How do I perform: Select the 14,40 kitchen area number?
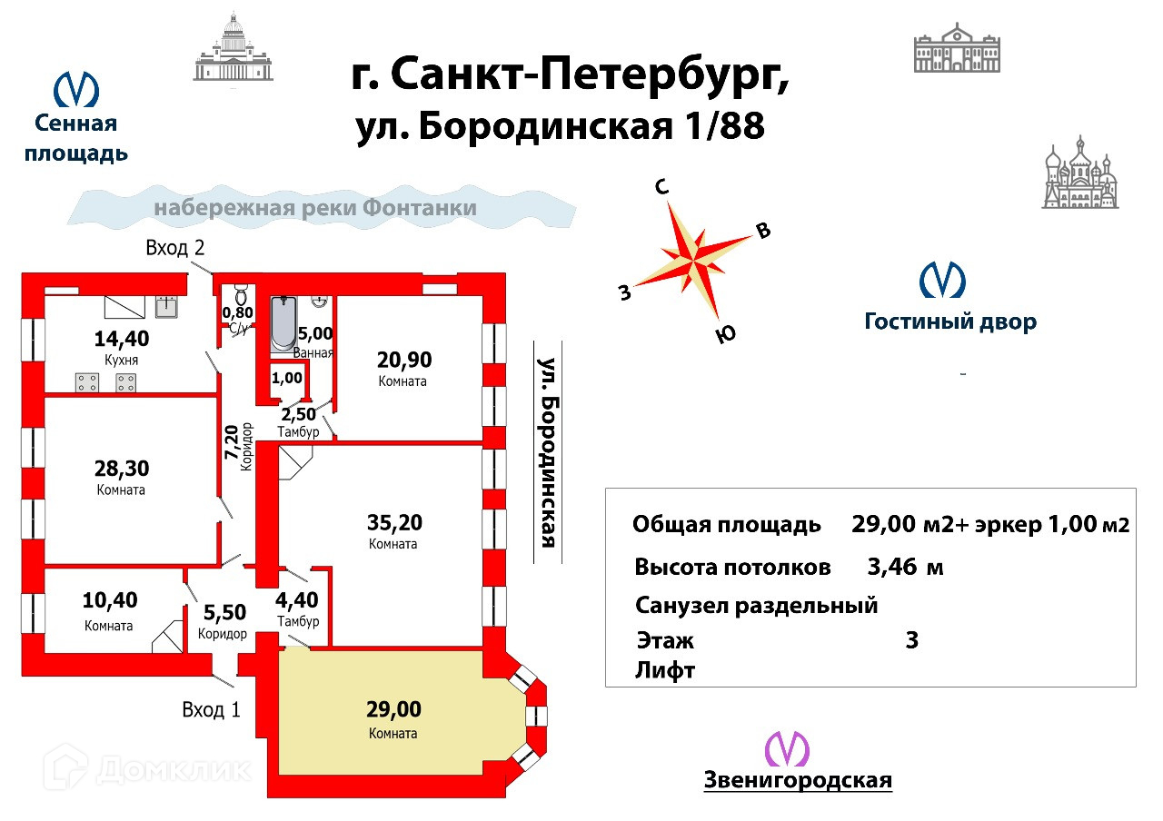coord(122,340)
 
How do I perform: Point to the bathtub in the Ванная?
coord(282,324)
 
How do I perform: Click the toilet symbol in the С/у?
coord(241,293)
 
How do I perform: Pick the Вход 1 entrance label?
coord(211,709)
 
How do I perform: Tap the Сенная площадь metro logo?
coord(76,90)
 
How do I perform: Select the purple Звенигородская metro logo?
coord(787,749)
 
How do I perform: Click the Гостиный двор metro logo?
coord(942,280)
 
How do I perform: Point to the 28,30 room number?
coord(122,469)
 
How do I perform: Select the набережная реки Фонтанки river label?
coord(315,208)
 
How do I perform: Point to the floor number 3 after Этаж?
coord(912,639)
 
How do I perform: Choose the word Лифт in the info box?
coord(666,670)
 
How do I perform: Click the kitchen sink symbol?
coord(166,306)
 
